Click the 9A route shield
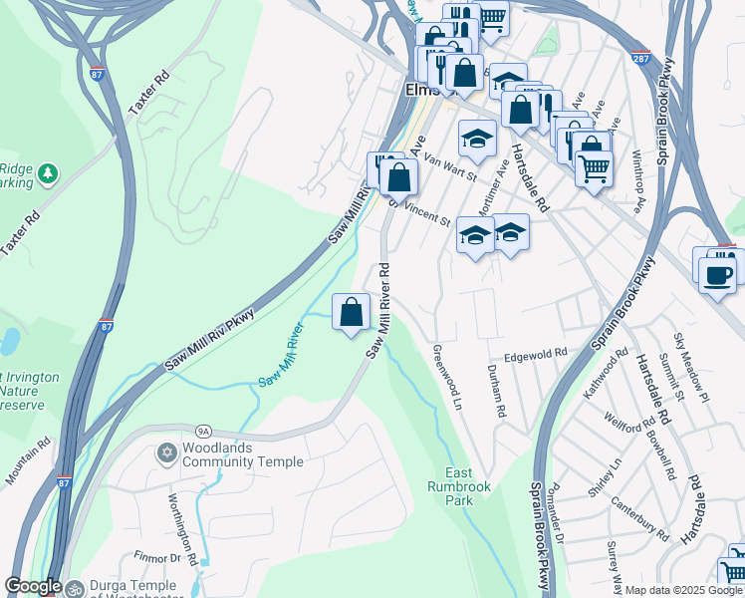204,431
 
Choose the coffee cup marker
716,274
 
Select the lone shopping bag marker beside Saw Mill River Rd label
351,313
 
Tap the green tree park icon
47,175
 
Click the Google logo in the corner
33,586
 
